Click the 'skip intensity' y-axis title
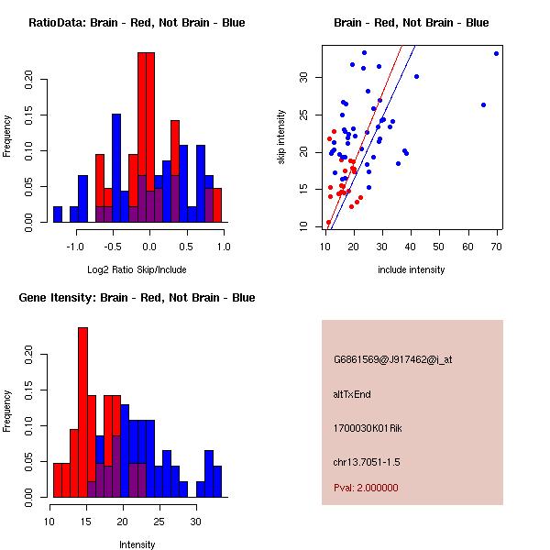click(x=281, y=137)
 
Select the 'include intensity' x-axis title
click(x=412, y=269)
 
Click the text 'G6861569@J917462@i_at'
click(x=392, y=359)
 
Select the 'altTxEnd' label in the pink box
click(x=352, y=394)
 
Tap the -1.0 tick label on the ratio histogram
click(x=76, y=246)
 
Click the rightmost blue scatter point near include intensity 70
click(x=496, y=53)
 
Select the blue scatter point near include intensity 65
click(x=483, y=104)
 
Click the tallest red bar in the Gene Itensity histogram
click(x=82, y=412)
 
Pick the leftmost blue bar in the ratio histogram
click(x=58, y=214)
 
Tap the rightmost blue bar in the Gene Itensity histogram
click(x=217, y=481)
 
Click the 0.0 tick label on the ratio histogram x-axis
click(x=150, y=246)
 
